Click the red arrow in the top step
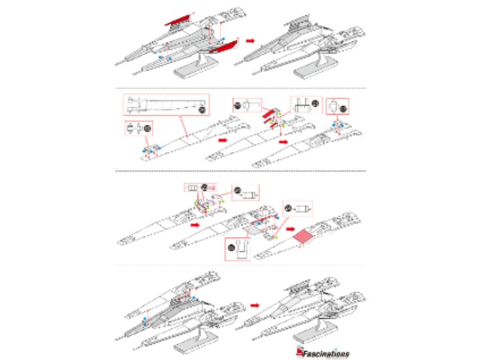[x=253, y=40]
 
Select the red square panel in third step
[x=304, y=239]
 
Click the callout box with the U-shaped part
[x=238, y=247]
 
